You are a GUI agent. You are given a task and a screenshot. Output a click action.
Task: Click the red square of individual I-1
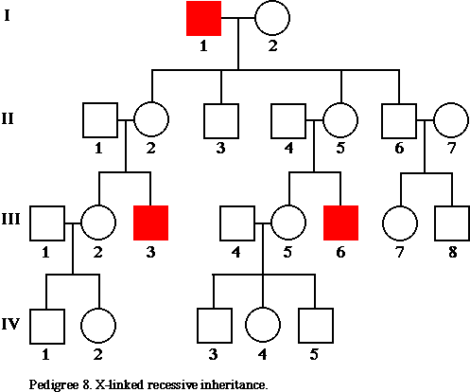click(x=203, y=18)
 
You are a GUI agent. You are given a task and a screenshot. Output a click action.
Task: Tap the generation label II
click(x=8, y=119)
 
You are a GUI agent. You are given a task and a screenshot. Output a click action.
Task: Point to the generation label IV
click(x=10, y=324)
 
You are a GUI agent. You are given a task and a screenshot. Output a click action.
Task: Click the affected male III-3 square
click(x=150, y=223)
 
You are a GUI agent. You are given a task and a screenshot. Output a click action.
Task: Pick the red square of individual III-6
click(x=340, y=223)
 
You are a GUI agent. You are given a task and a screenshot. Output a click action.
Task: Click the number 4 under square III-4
click(x=235, y=252)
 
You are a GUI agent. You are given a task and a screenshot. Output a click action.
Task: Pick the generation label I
click(x=7, y=15)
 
